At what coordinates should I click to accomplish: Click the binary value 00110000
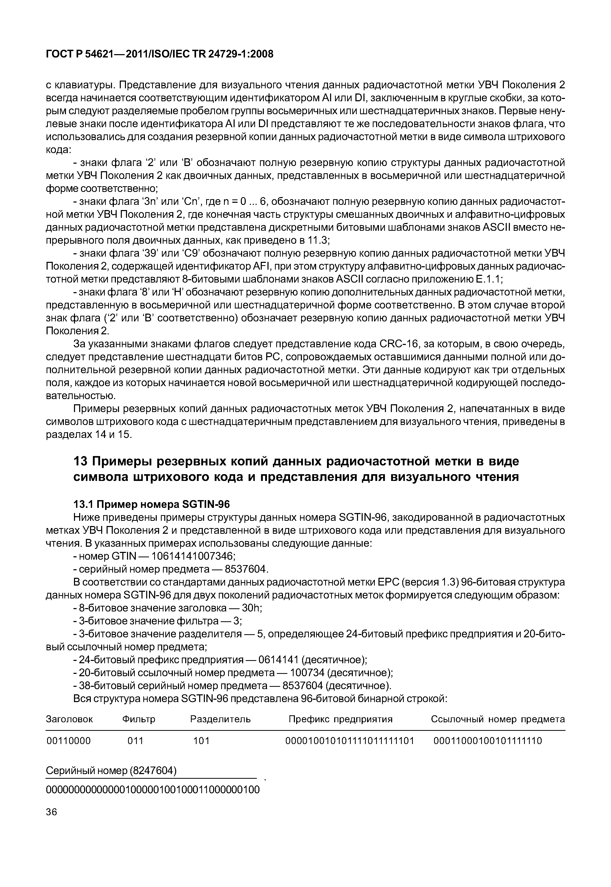[x=69, y=741]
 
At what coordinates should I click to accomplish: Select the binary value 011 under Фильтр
[x=135, y=741]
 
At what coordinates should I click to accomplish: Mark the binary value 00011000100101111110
[x=488, y=741]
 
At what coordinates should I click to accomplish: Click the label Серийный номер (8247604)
[x=111, y=770]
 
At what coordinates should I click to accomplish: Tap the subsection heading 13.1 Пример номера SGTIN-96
[x=151, y=504]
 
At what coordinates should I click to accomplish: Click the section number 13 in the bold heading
[x=80, y=461]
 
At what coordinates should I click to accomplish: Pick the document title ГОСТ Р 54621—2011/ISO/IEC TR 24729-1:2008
[x=160, y=54]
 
